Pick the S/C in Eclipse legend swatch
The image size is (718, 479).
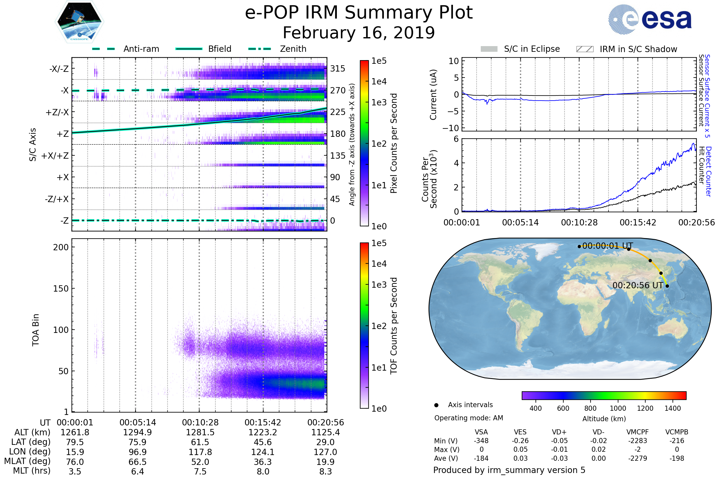[489, 49]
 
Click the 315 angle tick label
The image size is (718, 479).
[338, 69]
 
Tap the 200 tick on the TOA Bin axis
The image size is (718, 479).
[61, 247]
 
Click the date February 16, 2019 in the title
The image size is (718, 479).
[359, 33]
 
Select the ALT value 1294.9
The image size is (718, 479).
[137, 432]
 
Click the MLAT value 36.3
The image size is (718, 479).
[263, 462]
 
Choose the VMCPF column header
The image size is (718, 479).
[638, 432]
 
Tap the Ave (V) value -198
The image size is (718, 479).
[677, 458]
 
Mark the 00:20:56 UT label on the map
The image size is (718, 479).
[638, 285]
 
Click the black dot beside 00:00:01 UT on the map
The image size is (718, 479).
[579, 246]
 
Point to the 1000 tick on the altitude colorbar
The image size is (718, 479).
[617, 408]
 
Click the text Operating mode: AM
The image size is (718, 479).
[468, 418]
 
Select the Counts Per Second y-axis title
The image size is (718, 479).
[429, 179]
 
